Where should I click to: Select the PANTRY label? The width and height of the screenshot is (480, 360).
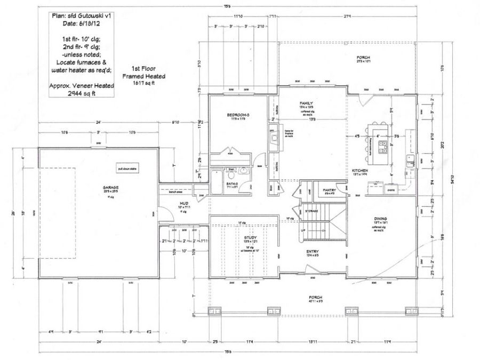click(x=328, y=190)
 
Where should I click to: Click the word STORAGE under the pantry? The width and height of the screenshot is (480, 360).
click(x=311, y=211)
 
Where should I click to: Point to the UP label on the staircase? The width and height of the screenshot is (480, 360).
click(x=305, y=230)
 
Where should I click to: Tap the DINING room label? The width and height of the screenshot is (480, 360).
click(x=380, y=219)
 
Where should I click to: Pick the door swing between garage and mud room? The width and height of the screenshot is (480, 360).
click(x=166, y=212)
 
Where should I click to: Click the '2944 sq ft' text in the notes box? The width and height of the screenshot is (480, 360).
click(x=75, y=92)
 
